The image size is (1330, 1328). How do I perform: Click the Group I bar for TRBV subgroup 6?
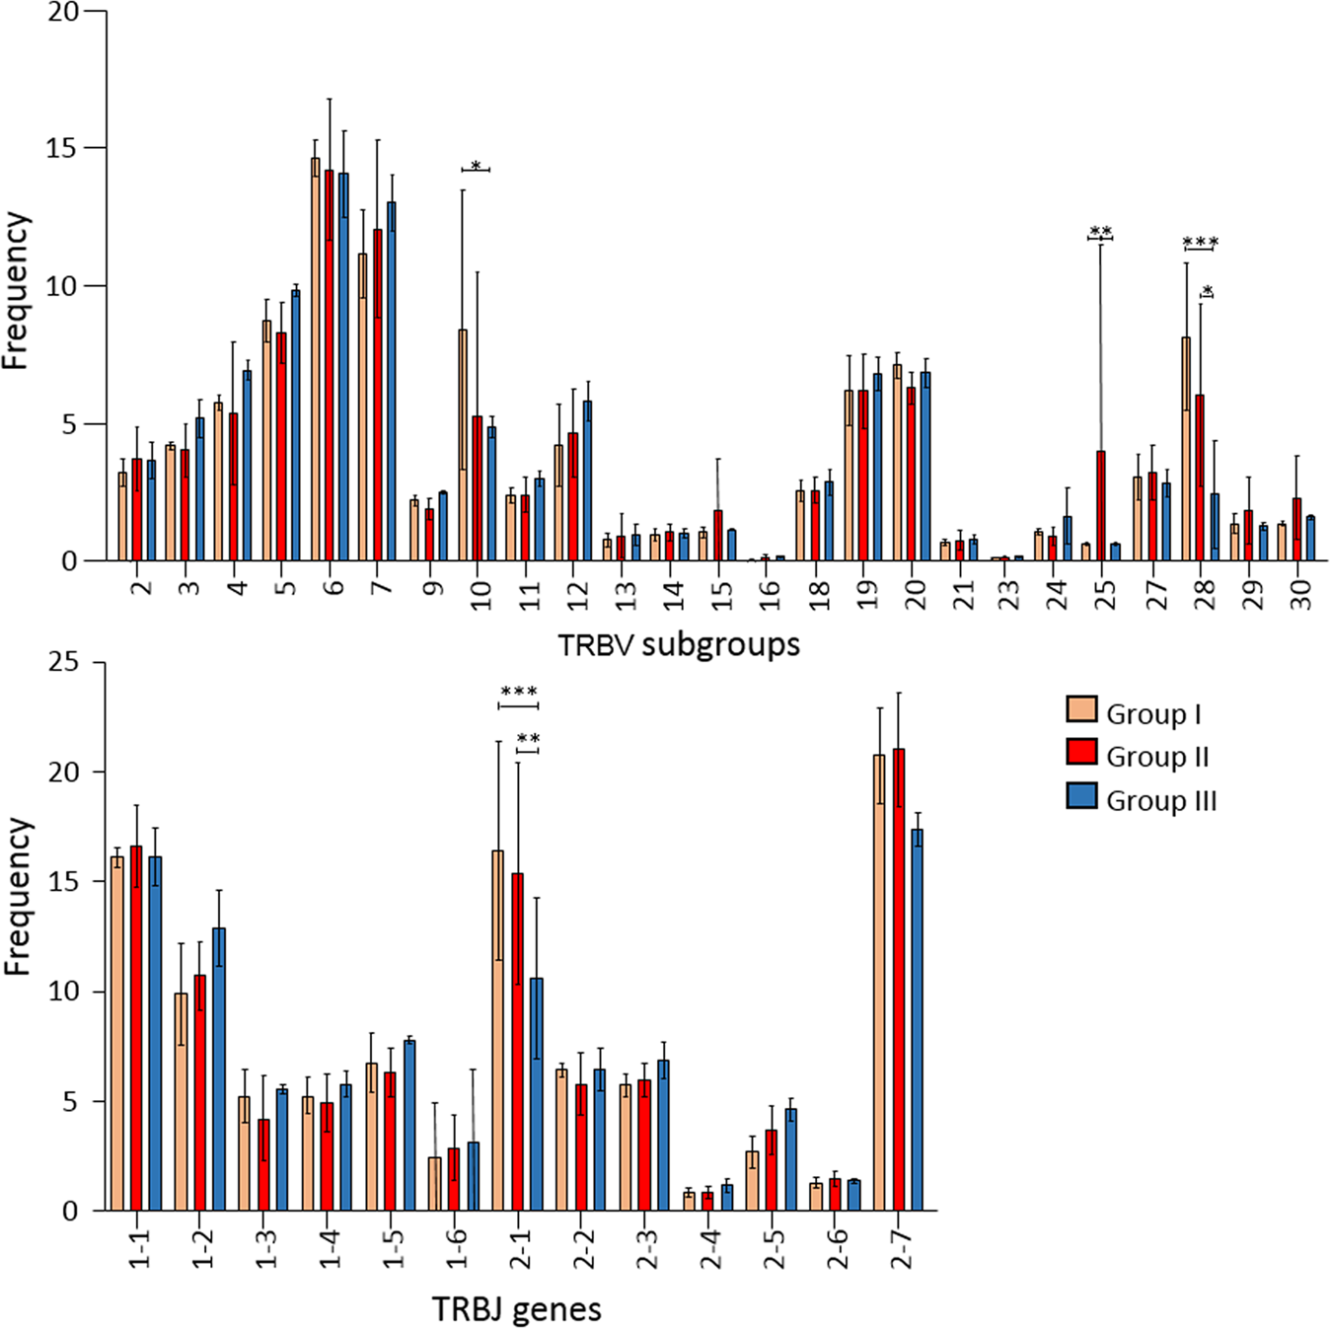315,360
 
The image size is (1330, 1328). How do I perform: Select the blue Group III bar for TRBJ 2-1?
537,1094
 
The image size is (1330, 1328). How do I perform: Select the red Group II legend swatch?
1082,753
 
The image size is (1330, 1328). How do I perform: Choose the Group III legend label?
1161,800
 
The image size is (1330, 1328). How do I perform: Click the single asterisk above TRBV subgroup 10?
476,166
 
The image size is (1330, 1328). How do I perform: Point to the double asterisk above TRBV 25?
1100,233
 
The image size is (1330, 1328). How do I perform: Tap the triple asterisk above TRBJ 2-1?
519,693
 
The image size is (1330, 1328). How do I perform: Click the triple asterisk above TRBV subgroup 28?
1201,243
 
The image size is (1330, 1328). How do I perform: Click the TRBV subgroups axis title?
679,645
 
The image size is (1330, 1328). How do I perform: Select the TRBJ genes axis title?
517,1309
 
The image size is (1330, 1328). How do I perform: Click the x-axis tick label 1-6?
456,1249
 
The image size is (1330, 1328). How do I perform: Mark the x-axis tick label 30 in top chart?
1300,594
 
